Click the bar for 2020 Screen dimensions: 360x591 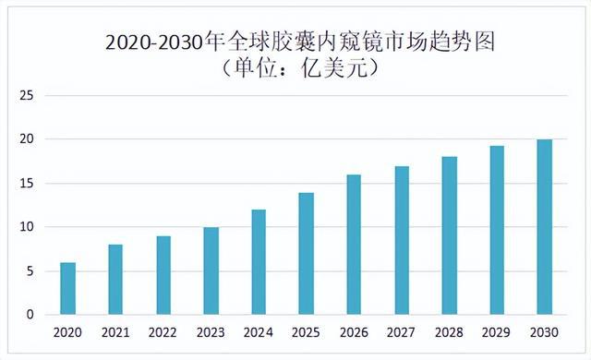pyautogui.click(x=68, y=289)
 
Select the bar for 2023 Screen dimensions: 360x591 pyautogui.click(x=211, y=271)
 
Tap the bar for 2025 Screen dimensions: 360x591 pyautogui.click(x=306, y=254)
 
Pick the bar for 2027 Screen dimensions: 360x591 pyautogui.click(x=401, y=241)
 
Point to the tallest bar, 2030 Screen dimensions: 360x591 pyautogui.click(x=544, y=227)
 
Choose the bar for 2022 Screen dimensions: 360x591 pyautogui.click(x=163, y=275)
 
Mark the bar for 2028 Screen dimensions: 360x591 pyautogui.click(x=449, y=236)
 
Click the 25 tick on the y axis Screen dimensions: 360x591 pyautogui.click(x=27, y=95)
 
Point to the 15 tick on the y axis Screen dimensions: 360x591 pyautogui.click(x=27, y=183)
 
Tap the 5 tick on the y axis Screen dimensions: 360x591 pyautogui.click(x=30, y=270)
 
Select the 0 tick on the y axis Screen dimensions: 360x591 pyautogui.click(x=30, y=315)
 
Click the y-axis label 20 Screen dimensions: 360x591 pyautogui.click(x=27, y=139)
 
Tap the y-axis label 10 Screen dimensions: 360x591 pyautogui.click(x=27, y=227)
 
